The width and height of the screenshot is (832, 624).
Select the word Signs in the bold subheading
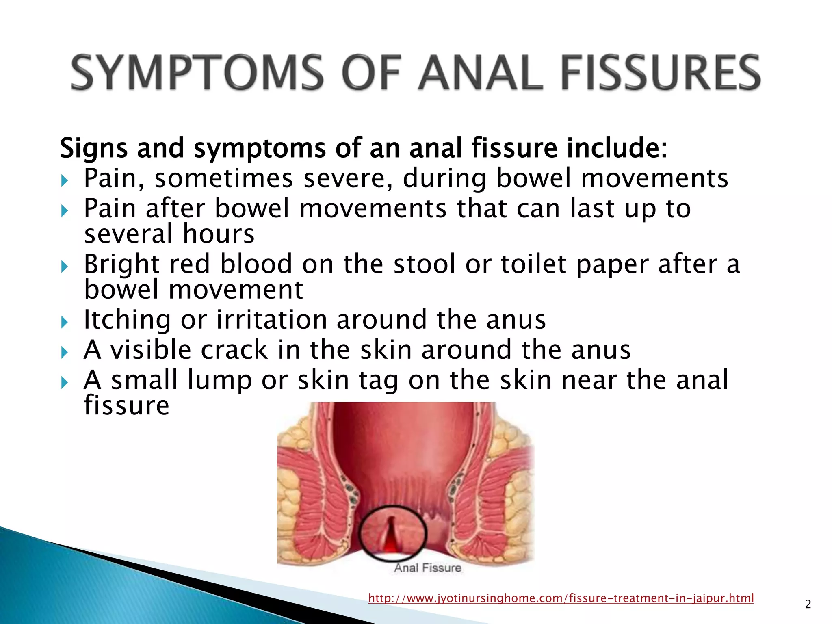pos(93,148)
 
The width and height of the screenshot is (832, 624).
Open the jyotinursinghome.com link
pos(561,598)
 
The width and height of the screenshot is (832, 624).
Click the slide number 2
pos(808,604)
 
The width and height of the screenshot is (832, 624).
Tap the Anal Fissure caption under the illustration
pos(427,568)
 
